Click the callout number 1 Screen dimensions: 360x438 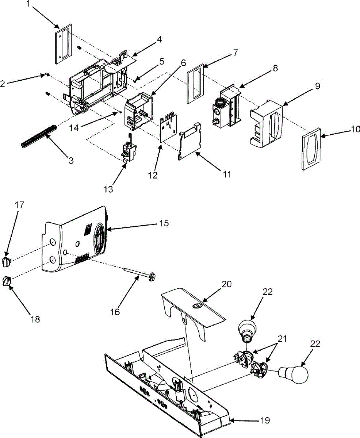tap(30, 3)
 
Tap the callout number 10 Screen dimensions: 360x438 tap(355, 129)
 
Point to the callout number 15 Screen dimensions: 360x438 tap(164, 223)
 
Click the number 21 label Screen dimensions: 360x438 tap(282, 339)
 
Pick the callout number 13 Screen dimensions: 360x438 tap(109, 189)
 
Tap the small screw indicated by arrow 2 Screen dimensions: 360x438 tap(47, 74)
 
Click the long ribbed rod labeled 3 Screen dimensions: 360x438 tap(39, 136)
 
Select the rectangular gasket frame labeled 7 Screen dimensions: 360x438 tap(195, 84)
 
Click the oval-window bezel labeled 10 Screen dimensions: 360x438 tap(311, 149)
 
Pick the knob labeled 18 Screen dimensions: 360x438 tap(7, 281)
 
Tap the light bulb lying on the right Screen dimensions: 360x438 tap(293, 374)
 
